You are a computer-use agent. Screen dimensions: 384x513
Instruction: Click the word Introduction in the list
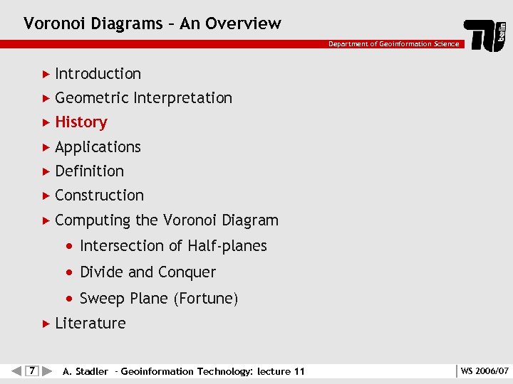click(98, 74)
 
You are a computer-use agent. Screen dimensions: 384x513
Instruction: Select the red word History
click(81, 122)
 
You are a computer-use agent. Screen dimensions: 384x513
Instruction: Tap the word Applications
click(98, 147)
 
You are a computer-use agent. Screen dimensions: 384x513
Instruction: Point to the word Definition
click(89, 171)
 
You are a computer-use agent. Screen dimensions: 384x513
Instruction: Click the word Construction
click(99, 196)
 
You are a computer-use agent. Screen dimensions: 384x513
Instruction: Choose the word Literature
click(90, 324)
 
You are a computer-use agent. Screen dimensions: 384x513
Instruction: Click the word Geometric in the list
click(91, 98)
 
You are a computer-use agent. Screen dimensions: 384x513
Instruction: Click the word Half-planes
click(227, 246)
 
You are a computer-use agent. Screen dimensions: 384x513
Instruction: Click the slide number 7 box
click(32, 370)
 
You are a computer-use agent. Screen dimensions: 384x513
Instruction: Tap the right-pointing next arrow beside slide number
click(47, 370)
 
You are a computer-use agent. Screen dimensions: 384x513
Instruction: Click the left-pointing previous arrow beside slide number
click(16, 370)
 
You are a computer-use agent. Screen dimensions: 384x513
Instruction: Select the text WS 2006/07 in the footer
click(484, 371)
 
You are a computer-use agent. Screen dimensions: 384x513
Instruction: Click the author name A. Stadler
click(85, 371)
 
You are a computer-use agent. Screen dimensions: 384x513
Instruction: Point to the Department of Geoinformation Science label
click(393, 44)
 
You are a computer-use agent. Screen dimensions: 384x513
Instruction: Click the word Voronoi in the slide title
click(52, 23)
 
